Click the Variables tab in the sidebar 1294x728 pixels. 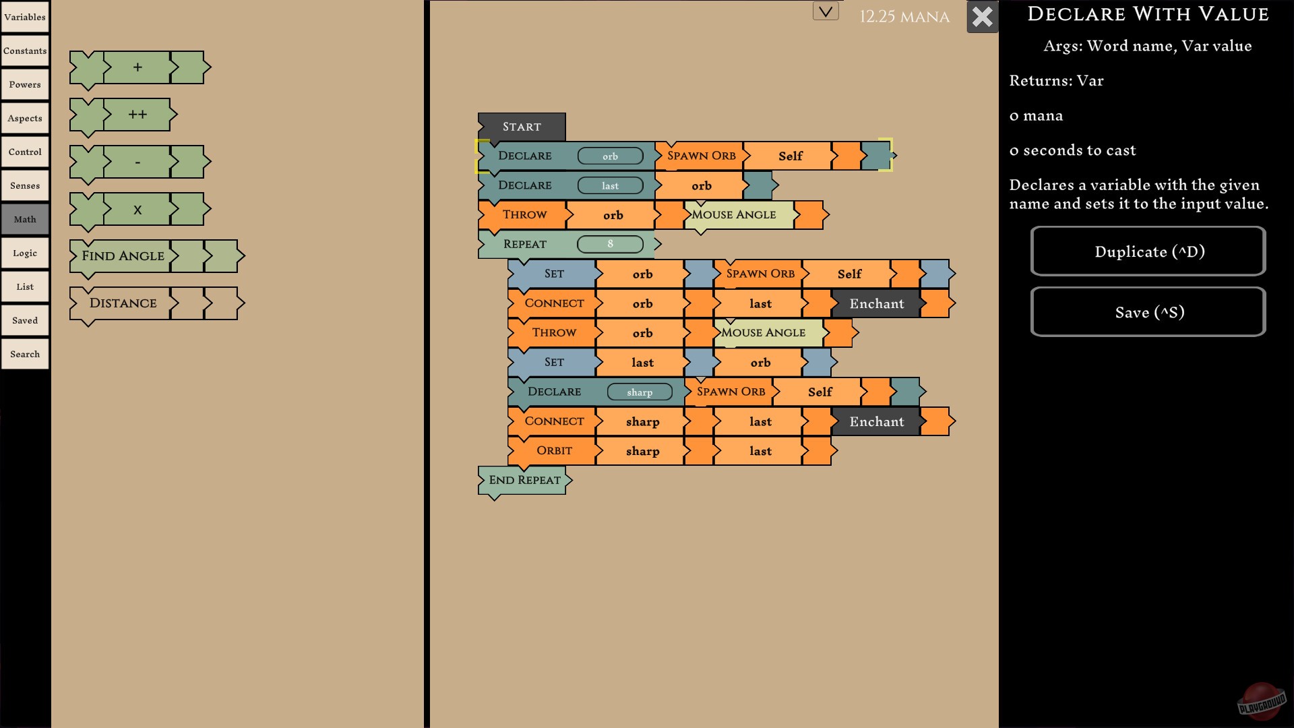tap(25, 17)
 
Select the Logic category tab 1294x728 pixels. tap(25, 253)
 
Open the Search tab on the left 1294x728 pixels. tap(25, 354)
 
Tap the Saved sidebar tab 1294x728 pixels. tap(25, 320)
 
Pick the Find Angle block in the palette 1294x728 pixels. tap(123, 256)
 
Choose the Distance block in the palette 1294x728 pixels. tap(123, 303)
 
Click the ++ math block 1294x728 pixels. tap(137, 115)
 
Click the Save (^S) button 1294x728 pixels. tap(1148, 312)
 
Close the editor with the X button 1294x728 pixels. tap(982, 17)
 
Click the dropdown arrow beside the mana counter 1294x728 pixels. tap(826, 11)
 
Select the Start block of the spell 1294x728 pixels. tap(522, 127)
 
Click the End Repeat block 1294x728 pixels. tap(524, 480)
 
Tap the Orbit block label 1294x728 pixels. tap(554, 450)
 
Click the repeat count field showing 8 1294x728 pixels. tap(610, 244)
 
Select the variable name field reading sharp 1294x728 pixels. tap(639, 392)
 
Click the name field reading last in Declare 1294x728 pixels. tap(610, 186)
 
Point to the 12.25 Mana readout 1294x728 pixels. tap(904, 17)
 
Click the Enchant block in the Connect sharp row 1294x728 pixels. tap(876, 422)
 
